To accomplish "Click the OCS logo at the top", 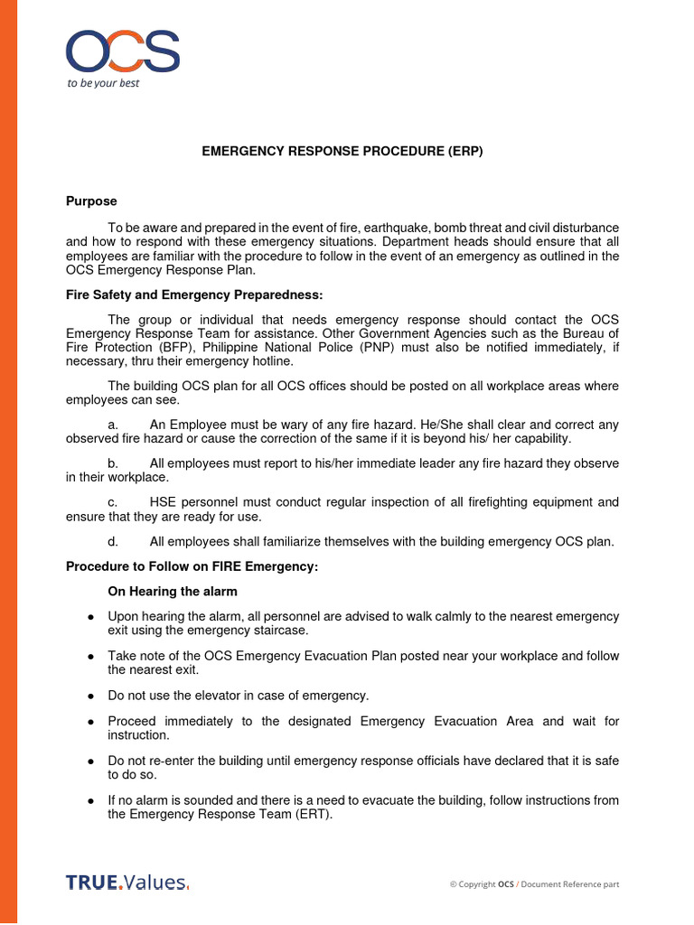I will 122,51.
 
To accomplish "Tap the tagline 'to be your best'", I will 104,83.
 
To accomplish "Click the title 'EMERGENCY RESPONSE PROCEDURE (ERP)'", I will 342,152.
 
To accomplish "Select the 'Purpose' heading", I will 91,201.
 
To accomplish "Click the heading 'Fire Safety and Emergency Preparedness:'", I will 193,295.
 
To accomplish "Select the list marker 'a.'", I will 113,424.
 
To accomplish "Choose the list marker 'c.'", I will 113,502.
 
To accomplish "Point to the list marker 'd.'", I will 113,541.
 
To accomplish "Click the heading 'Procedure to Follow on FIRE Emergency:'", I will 192,566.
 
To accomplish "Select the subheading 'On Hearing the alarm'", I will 173,591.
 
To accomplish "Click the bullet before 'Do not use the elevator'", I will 91,696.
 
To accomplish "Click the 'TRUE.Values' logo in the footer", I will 127,883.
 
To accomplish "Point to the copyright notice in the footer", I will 534,883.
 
